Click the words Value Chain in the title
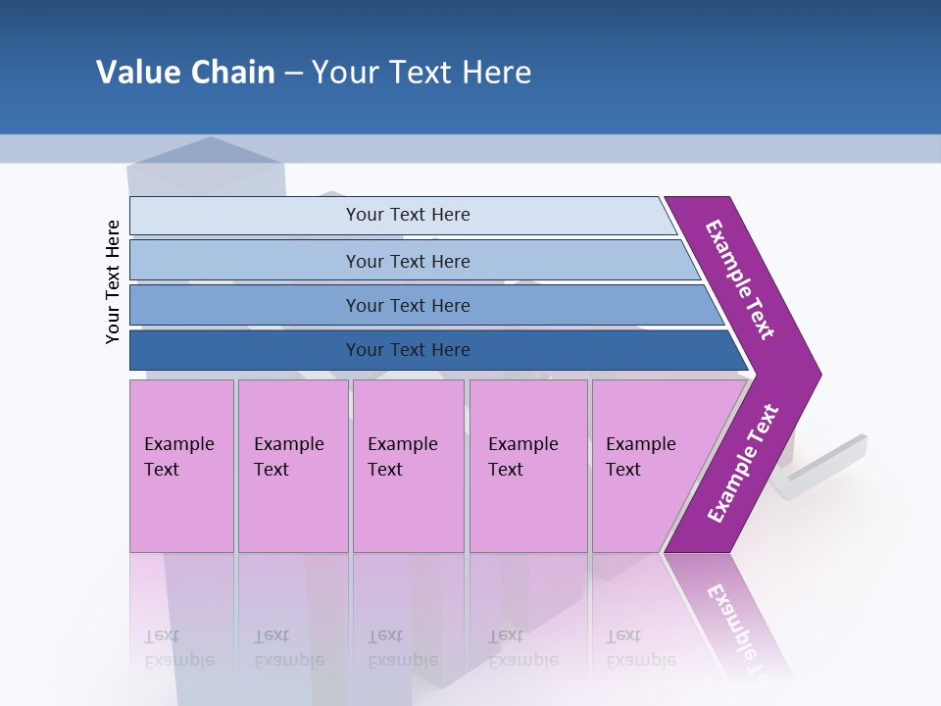coord(185,73)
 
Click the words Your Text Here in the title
coord(421,73)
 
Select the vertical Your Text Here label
coord(113,282)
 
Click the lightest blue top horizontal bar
coord(245,215)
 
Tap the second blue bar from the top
coord(245,261)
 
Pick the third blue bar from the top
coord(245,305)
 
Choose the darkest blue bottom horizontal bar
coord(245,350)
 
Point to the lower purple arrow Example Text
coord(743,463)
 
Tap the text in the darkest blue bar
coord(408,350)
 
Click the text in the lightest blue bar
coord(408,215)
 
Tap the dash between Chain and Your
coord(293,74)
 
